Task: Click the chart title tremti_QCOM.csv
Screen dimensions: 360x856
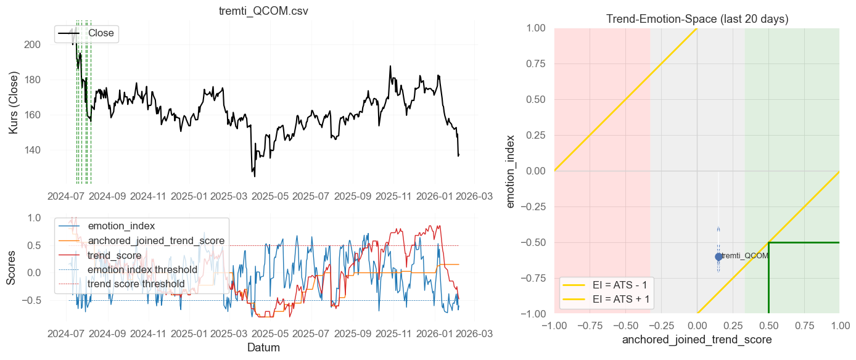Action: [263, 12]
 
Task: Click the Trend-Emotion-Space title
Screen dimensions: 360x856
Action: [697, 19]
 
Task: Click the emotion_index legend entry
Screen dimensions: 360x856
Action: [121, 226]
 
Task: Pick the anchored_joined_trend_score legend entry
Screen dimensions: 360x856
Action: [156, 240]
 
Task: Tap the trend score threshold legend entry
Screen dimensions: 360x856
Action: [136, 284]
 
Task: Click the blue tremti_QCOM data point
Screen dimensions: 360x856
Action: [718, 256]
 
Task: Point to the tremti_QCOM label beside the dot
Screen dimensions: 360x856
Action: [745, 256]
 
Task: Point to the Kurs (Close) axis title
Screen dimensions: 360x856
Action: [14, 103]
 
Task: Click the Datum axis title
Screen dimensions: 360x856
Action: [263, 348]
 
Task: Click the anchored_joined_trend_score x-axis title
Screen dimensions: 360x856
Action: [697, 340]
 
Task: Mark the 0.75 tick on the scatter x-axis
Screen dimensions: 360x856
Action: [804, 325]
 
